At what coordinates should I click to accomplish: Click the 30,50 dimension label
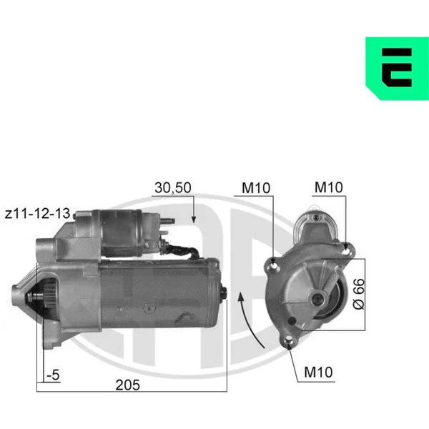click(x=173, y=187)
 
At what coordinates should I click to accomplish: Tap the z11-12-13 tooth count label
click(x=37, y=213)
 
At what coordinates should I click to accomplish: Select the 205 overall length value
click(x=127, y=385)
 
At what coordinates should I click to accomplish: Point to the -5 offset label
click(x=53, y=375)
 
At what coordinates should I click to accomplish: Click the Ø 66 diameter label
click(x=359, y=294)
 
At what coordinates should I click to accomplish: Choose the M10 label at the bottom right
click(x=318, y=372)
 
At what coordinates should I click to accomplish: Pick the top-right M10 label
click(x=329, y=187)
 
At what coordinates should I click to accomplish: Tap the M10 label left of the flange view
click(x=256, y=188)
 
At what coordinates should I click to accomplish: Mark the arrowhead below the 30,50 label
click(x=194, y=220)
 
